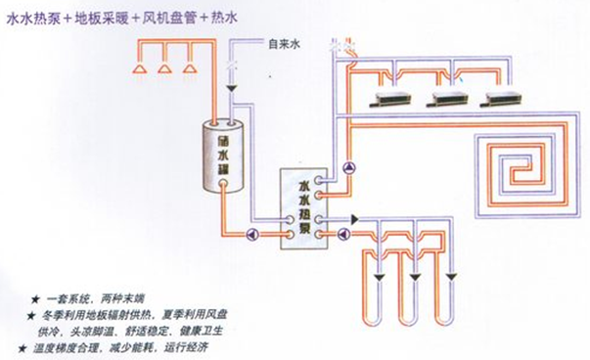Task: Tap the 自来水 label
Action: [x=283, y=44]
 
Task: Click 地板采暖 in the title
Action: [x=109, y=17]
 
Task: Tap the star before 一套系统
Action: [x=36, y=297]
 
